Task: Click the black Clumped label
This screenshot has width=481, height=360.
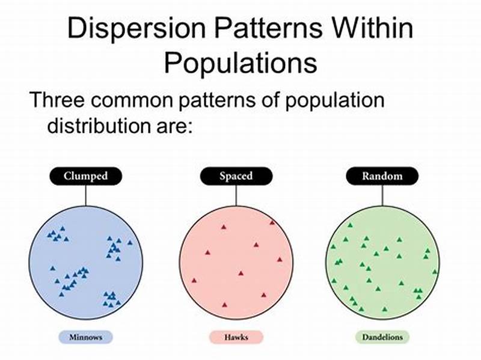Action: pos(86,176)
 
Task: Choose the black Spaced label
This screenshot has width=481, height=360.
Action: pos(236,176)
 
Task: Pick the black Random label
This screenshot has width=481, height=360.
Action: pos(382,176)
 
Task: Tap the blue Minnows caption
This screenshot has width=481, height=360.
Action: pos(85,337)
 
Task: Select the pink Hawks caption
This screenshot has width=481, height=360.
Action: pos(236,337)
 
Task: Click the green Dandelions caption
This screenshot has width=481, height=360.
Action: pos(382,337)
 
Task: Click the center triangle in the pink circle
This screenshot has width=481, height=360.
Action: pos(241,273)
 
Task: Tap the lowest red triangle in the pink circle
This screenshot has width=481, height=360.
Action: pos(225,305)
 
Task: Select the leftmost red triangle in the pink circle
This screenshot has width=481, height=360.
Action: pos(194,280)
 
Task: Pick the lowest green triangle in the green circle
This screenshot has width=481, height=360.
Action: pos(384,309)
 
